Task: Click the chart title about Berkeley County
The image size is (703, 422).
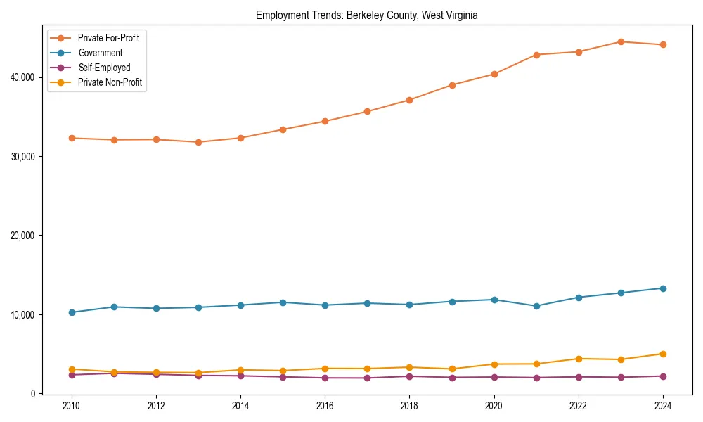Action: pyautogui.click(x=366, y=15)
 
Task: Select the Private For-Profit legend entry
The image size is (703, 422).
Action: pyautogui.click(x=108, y=38)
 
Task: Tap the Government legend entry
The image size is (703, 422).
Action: pyautogui.click(x=100, y=53)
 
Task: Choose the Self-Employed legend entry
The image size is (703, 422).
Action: pyautogui.click(x=104, y=68)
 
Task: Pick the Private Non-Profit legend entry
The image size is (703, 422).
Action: pyautogui.click(x=110, y=82)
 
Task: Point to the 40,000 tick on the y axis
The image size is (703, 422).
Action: pyautogui.click(x=23, y=77)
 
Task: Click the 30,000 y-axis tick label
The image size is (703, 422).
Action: pyautogui.click(x=23, y=156)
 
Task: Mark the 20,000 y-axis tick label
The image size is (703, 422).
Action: pyautogui.click(x=23, y=236)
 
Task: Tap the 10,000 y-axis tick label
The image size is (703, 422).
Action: pyautogui.click(x=23, y=314)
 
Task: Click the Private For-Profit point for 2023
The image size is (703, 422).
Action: pyautogui.click(x=621, y=41)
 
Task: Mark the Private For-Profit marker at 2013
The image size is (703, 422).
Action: pyautogui.click(x=198, y=142)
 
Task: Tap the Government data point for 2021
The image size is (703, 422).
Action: pyautogui.click(x=536, y=306)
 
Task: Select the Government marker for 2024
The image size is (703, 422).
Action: pyautogui.click(x=663, y=288)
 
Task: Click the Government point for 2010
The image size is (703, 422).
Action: pyautogui.click(x=72, y=312)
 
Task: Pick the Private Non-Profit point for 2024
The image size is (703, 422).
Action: pyautogui.click(x=663, y=354)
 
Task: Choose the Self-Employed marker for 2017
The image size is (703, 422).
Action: pyautogui.click(x=367, y=378)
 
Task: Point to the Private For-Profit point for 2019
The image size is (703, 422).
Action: pyautogui.click(x=452, y=85)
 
